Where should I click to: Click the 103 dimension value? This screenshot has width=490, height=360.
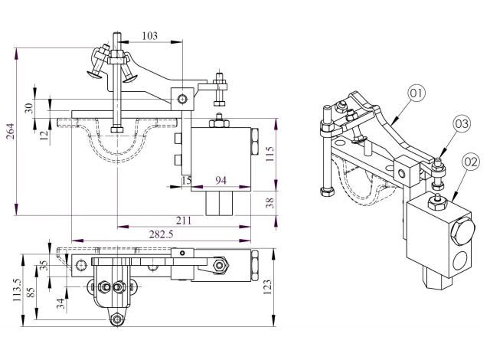click(150, 36)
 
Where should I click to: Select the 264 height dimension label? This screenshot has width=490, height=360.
click(10, 132)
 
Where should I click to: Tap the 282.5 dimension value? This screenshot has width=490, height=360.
click(161, 234)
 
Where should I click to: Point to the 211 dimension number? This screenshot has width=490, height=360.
click(184, 221)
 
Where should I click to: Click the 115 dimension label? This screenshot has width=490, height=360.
click(269, 153)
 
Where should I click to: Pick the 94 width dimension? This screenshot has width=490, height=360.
click(220, 180)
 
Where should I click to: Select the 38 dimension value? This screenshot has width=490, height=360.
click(270, 203)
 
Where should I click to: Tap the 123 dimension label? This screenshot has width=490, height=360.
click(267, 287)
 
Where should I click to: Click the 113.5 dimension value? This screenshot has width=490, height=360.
click(17, 290)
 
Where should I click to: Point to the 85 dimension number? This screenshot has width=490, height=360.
click(31, 293)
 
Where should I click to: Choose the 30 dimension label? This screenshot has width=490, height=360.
click(28, 108)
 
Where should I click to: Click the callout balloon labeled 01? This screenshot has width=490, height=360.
click(416, 93)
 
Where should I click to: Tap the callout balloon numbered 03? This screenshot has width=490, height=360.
click(462, 124)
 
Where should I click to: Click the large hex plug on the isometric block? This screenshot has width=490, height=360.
click(462, 235)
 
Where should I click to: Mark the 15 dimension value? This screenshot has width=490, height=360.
click(186, 180)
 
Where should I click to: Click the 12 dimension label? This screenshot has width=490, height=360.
click(44, 135)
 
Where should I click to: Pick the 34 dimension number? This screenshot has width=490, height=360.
click(60, 303)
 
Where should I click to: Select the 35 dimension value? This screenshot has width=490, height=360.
click(44, 266)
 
